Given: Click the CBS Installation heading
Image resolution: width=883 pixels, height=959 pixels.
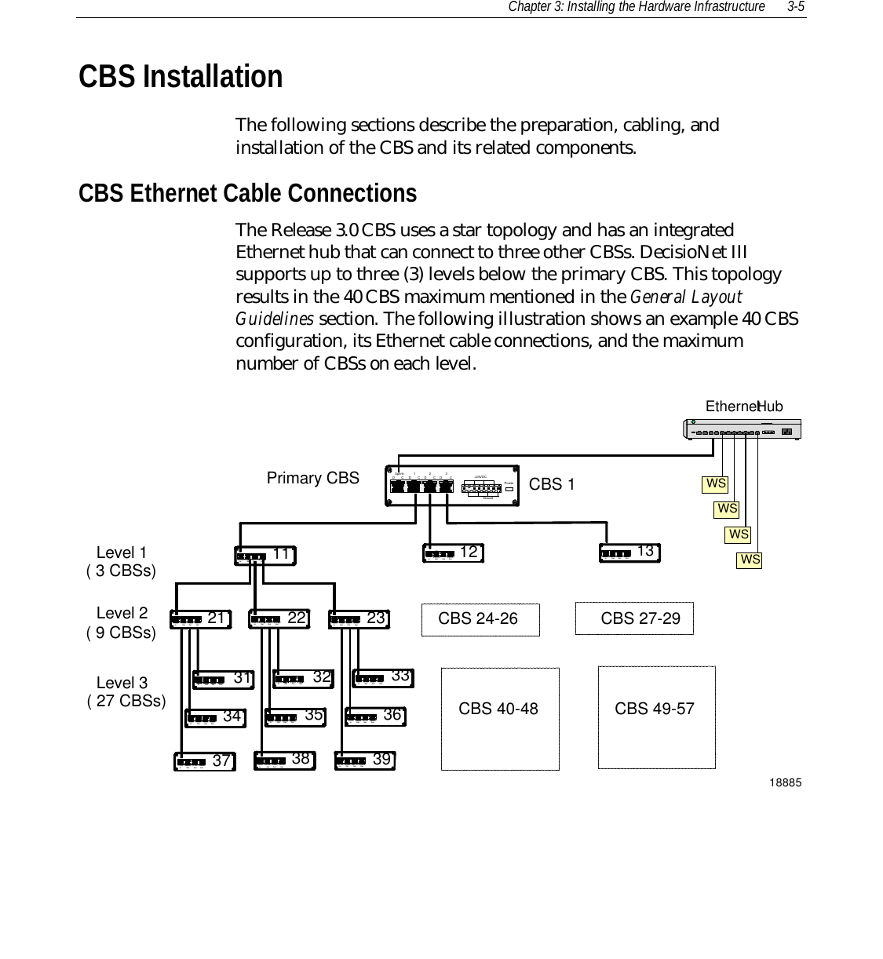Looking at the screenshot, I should tap(181, 77).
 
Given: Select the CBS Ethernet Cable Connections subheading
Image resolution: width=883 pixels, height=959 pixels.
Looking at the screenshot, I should tap(247, 193).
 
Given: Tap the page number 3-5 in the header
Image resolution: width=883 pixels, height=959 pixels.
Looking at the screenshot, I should tap(796, 7).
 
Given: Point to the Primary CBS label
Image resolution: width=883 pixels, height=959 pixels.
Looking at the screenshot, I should tap(312, 478).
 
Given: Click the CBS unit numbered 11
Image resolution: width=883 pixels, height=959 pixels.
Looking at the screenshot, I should tap(265, 555).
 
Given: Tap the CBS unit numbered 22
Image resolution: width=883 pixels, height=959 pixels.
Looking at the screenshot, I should tap(279, 619).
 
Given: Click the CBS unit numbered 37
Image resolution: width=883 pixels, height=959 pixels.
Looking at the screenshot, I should tap(204, 761).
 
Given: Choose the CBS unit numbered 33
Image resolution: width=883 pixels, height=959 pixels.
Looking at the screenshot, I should tap(383, 676).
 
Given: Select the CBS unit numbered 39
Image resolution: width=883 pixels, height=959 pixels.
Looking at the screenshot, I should tap(365, 760).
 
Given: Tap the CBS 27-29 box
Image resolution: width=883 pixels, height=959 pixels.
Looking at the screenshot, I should tap(635, 618).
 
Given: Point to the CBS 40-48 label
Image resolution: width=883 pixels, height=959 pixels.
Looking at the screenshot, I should tap(498, 709).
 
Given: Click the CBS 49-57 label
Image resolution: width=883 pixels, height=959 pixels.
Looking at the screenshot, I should tap(655, 709).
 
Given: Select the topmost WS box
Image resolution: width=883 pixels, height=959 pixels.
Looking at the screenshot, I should tap(715, 484).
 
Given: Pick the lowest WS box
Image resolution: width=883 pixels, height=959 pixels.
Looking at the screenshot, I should tap(750, 560).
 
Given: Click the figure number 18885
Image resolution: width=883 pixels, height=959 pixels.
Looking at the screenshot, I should tap(785, 783).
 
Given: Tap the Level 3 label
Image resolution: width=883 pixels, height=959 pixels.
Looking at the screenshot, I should tap(122, 683).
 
